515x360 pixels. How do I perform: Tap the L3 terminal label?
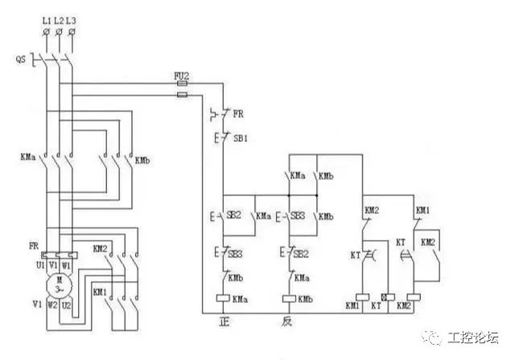(x=72, y=19)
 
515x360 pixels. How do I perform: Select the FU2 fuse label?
(x=182, y=76)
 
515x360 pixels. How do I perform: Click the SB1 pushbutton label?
(x=241, y=139)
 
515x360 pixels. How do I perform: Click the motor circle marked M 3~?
(x=59, y=284)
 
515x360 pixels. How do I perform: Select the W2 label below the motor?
(x=51, y=304)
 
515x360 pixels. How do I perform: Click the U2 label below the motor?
(x=67, y=304)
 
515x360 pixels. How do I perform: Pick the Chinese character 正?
(x=225, y=322)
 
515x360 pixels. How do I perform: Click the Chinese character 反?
(x=286, y=322)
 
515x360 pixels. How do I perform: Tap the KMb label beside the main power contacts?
(x=144, y=159)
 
